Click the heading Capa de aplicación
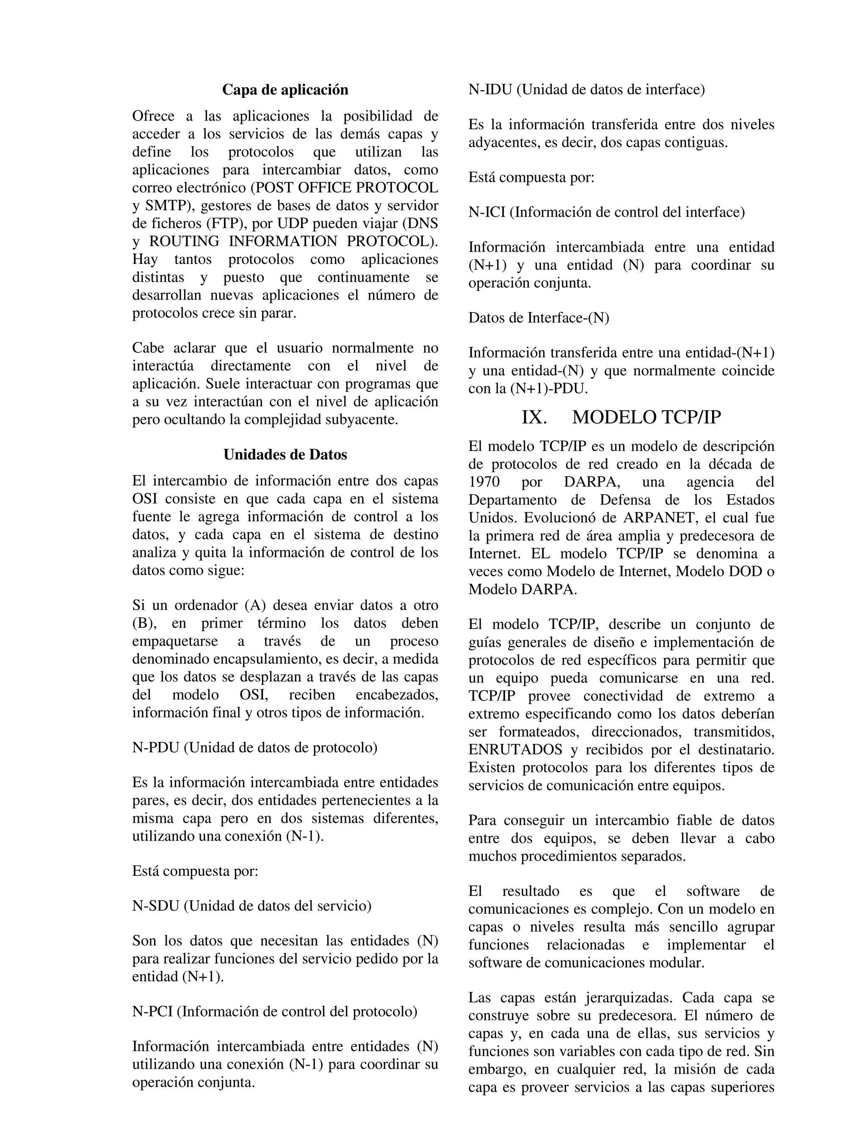pos(285,90)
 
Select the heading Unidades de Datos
pos(285,454)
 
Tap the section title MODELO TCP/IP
pos(646,417)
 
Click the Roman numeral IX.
pos(534,417)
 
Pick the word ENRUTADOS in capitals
pos(515,750)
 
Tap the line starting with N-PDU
pos(255,747)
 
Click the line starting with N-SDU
pos(252,905)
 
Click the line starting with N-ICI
pos(606,212)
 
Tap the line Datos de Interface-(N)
pos(539,318)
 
